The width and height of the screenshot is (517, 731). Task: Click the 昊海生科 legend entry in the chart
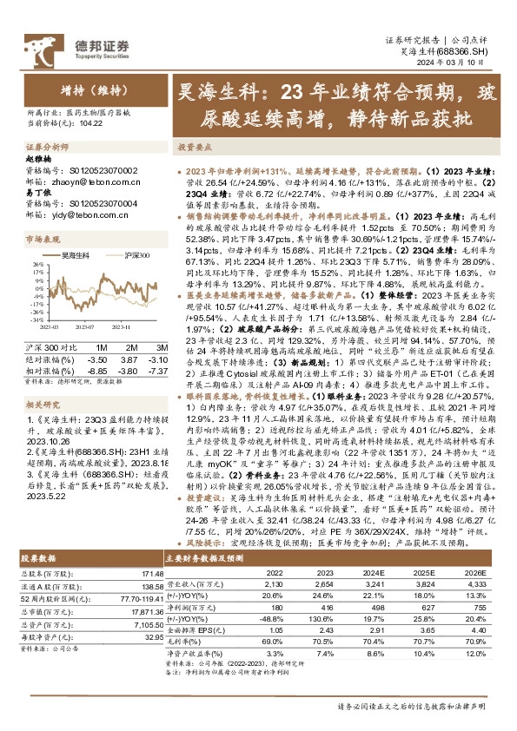click(x=76, y=254)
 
